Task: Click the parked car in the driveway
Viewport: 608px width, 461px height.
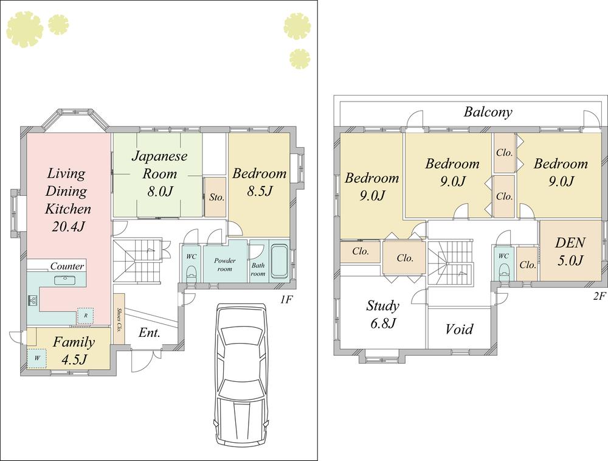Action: (240, 377)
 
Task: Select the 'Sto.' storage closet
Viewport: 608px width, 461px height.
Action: (215, 197)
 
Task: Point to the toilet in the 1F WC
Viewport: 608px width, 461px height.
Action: (191, 271)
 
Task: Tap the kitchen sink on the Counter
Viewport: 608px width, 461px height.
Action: (63, 280)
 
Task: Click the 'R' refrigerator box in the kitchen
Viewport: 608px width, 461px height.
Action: (85, 316)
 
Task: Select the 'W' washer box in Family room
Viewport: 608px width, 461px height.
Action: (36, 358)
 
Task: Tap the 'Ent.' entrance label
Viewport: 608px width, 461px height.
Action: (149, 333)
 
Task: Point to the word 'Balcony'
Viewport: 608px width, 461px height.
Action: (488, 112)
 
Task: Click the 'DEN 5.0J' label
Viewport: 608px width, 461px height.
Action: (570, 251)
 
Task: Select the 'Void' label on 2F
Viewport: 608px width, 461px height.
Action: (459, 329)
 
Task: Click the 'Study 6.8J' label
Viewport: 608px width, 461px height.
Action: (383, 314)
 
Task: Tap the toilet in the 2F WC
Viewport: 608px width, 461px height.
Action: (503, 272)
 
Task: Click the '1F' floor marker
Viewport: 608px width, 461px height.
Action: (287, 299)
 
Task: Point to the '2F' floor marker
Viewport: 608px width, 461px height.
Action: (599, 296)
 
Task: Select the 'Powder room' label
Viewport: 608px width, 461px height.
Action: (224, 264)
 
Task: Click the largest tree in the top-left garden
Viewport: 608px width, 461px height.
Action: (24, 29)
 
